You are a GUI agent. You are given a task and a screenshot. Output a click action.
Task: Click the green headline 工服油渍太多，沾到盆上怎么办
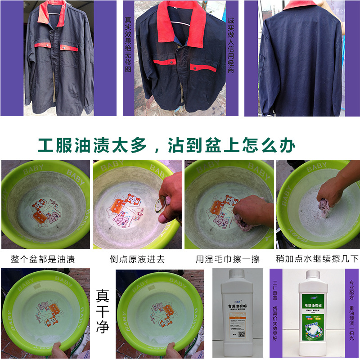pyautogui.click(x=166, y=145)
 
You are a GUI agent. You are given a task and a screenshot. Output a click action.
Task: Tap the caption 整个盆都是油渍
pyautogui.click(x=43, y=259)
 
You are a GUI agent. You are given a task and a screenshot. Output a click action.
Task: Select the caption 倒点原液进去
pyautogui.click(x=137, y=259)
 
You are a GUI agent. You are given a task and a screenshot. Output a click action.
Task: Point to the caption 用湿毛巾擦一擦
pyautogui.click(x=228, y=259)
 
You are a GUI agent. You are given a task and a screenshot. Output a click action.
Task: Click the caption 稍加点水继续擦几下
pyautogui.click(x=317, y=259)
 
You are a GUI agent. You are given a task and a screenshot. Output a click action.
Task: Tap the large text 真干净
pyautogui.click(x=103, y=311)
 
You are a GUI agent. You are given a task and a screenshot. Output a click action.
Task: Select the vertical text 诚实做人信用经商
pyautogui.click(x=231, y=45)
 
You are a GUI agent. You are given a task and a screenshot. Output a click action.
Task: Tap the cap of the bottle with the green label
pyautogui.click(x=313, y=274)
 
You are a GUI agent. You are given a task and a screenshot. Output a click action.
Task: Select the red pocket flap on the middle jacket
pyautogui.click(x=203, y=67)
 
